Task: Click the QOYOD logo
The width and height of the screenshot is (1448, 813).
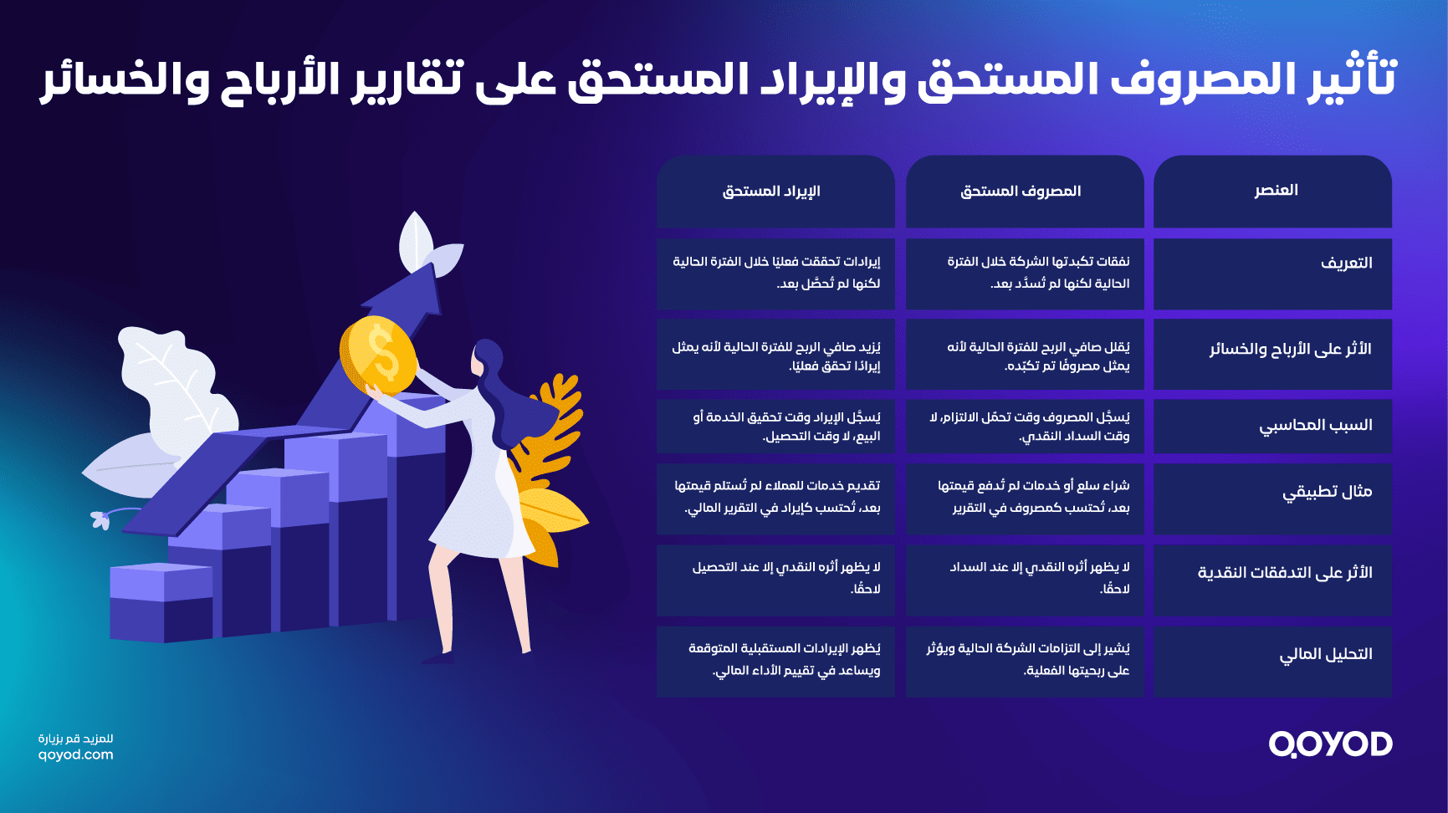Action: click(1330, 744)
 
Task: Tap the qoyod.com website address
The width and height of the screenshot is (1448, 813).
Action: click(75, 754)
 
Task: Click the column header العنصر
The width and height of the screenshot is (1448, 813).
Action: click(1276, 191)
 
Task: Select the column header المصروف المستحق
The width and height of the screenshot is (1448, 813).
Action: click(1021, 192)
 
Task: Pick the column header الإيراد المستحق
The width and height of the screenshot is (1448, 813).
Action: click(771, 192)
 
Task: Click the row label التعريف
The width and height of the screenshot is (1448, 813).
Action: click(1346, 263)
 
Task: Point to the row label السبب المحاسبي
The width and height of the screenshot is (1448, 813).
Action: click(1315, 426)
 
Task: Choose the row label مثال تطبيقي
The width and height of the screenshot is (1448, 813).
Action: click(1327, 492)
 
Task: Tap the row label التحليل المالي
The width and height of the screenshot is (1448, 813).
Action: click(1325, 654)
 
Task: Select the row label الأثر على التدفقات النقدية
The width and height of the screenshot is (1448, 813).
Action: click(1285, 573)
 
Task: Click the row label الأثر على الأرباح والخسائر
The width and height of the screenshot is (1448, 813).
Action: click(1290, 350)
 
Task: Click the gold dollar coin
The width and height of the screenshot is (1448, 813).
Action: click(378, 354)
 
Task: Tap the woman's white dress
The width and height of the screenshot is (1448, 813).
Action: click(485, 502)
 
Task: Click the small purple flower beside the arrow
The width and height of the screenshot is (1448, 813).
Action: click(101, 519)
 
